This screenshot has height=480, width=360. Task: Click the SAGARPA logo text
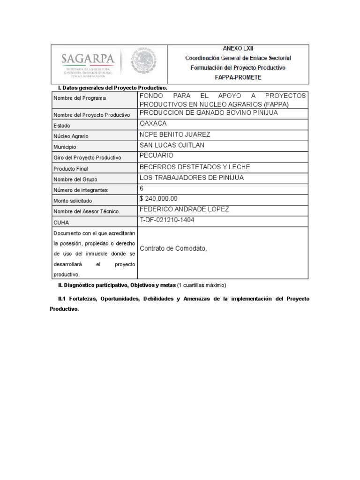coord(88,60)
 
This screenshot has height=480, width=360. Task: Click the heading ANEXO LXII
coord(238,48)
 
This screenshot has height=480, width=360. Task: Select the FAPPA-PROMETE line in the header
coord(238,77)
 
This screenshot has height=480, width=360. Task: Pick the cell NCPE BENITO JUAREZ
coord(175,135)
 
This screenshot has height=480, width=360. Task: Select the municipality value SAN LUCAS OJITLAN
coord(172,145)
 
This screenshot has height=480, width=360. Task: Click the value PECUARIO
coord(157,156)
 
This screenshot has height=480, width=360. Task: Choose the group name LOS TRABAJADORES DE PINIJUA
coord(192,178)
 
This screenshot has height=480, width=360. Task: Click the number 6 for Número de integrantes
coord(142,188)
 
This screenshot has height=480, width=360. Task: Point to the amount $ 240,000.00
coord(158,199)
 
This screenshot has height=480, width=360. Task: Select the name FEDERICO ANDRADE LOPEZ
coord(184,209)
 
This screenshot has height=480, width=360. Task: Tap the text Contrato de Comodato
coord(173,248)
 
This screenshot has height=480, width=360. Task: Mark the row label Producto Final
coord(71,168)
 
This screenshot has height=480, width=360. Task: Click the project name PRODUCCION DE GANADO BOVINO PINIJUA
coord(209,113)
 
